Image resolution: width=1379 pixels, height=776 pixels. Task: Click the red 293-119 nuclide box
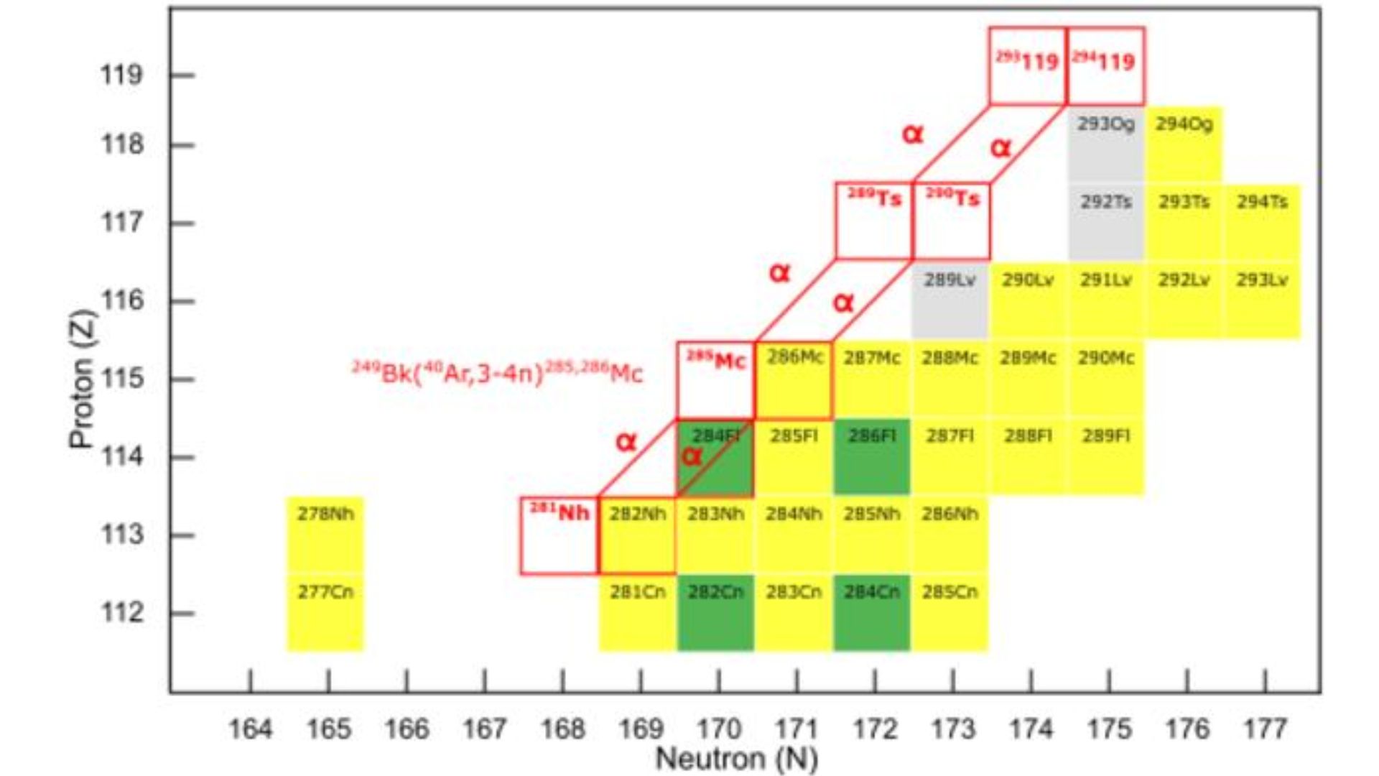[1028, 66]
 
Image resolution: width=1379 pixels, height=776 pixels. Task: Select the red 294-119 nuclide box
[1106, 66]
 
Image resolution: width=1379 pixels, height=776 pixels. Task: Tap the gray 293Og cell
[1106, 144]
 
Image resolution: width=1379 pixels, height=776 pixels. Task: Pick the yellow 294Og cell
[1184, 144]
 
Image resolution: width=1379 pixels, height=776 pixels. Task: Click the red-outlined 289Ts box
[874, 221]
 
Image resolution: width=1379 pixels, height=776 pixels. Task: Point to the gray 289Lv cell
[950, 300]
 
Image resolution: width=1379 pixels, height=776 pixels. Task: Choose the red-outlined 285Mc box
[716, 380]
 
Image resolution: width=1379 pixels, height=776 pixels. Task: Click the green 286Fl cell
[872, 457]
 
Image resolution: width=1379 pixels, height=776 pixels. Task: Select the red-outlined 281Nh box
[560, 536]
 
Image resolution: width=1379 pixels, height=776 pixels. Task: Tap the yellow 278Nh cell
[325, 535]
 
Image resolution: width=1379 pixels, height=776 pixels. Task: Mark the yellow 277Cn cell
[325, 613]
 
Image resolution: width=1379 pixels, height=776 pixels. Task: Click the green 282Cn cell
[715, 613]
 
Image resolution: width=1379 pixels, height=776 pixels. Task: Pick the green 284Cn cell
[872, 613]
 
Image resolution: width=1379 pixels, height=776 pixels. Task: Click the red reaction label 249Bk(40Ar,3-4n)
[497, 373]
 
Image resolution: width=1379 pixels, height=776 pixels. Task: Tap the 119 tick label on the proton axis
[121, 75]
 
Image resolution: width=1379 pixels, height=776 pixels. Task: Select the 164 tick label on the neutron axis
[250, 729]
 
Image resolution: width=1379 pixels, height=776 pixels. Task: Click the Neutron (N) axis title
[737, 759]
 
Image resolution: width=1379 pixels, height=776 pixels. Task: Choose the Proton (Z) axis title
[83, 379]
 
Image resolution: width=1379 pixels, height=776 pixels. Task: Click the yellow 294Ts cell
[1262, 221]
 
